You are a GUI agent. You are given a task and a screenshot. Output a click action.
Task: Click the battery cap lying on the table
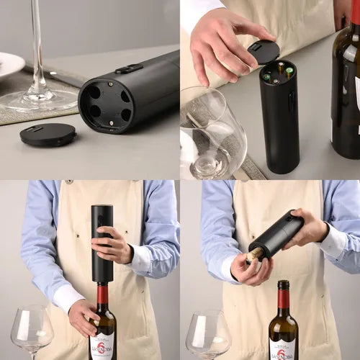pos(48,134)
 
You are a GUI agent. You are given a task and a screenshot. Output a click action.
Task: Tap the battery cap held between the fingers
pos(264,52)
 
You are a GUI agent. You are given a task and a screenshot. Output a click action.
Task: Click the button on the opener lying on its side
pos(129,69)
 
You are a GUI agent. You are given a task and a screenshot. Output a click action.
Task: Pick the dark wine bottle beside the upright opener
pos(346,86)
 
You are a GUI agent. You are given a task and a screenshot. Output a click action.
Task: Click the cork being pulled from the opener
pos(253,256)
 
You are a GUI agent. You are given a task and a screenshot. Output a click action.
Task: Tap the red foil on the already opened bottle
pos(284,297)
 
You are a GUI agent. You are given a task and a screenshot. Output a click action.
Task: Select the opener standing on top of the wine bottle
pos(102,243)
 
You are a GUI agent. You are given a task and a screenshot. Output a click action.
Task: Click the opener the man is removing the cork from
pos(277,234)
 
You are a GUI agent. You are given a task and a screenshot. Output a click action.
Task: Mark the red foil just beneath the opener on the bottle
pos(102,294)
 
